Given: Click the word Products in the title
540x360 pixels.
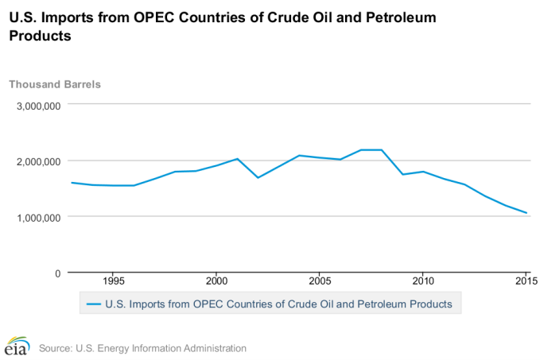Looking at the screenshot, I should point(37,36).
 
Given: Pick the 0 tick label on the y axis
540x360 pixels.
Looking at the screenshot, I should point(57,273).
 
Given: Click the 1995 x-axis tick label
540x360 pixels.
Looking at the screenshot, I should point(112,281).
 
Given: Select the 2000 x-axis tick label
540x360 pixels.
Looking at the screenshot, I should point(216,281).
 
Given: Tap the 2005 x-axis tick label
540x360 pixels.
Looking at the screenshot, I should point(320,281).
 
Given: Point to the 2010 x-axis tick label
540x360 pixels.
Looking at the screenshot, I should point(422,281).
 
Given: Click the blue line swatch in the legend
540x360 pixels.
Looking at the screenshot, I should point(94,304).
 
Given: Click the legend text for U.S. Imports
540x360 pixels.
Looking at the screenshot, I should point(278,304).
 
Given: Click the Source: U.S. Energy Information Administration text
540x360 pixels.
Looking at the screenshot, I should point(142,348).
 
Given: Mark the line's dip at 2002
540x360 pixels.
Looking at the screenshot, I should point(258,177).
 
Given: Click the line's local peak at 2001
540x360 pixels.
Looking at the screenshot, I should point(237,159).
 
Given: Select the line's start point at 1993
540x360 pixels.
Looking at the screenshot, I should point(72,183).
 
